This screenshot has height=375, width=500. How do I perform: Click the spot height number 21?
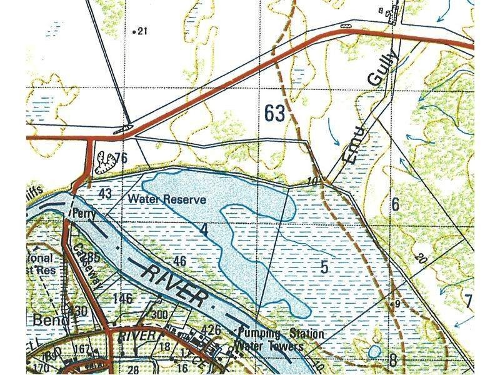(142, 31)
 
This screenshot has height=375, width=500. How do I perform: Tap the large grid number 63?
(274, 113)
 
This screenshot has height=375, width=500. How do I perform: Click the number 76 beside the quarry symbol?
(121, 158)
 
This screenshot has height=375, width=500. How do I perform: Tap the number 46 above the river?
(180, 261)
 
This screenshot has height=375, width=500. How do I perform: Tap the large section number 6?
(395, 203)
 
